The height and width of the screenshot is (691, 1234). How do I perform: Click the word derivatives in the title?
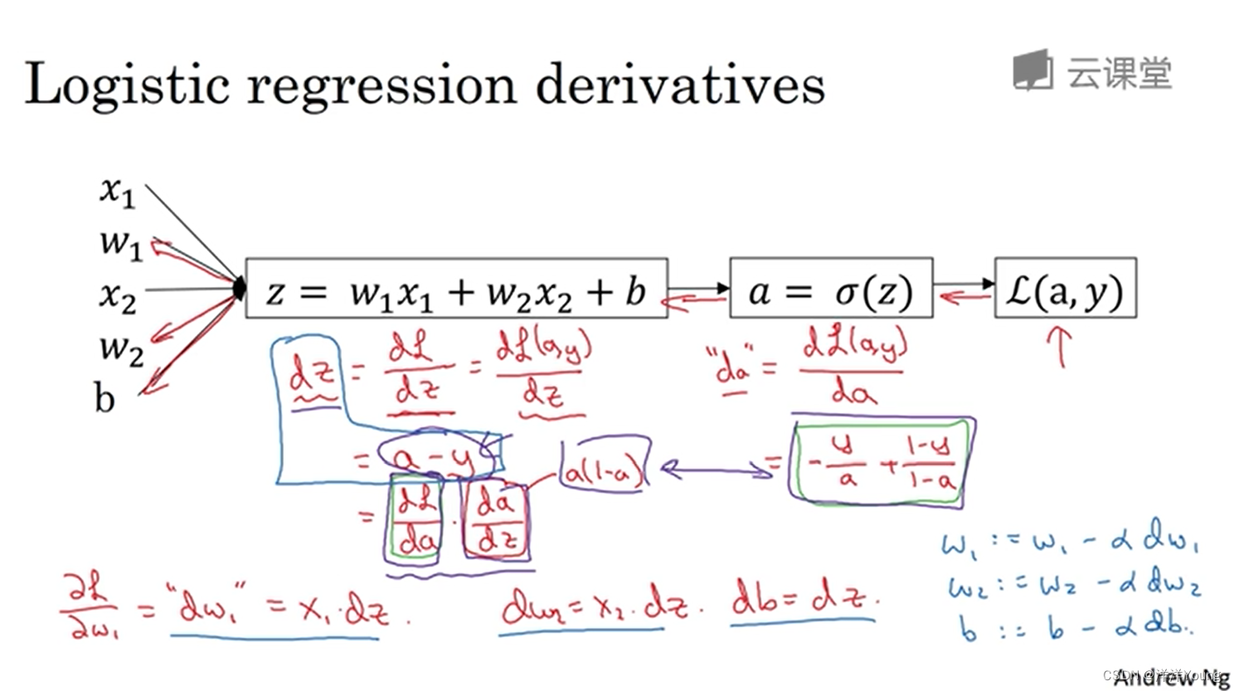pos(679,85)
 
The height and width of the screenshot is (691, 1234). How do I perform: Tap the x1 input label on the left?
pos(117,191)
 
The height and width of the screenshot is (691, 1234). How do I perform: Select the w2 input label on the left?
pos(121,348)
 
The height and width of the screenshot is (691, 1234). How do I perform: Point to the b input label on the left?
pos(104,399)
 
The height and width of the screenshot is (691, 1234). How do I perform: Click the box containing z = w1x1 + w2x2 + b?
pos(456,288)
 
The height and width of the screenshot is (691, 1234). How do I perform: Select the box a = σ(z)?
pos(831,288)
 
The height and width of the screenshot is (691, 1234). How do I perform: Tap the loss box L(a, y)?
pos(1065,288)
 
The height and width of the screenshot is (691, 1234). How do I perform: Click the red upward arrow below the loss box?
pos(1061,345)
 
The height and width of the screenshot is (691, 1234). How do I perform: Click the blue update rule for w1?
pos(1071,543)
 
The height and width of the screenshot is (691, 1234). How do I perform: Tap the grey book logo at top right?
pos(1032,70)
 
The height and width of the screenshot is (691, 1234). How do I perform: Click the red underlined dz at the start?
pos(313,377)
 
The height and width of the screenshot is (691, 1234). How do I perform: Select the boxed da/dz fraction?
pos(496,520)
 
